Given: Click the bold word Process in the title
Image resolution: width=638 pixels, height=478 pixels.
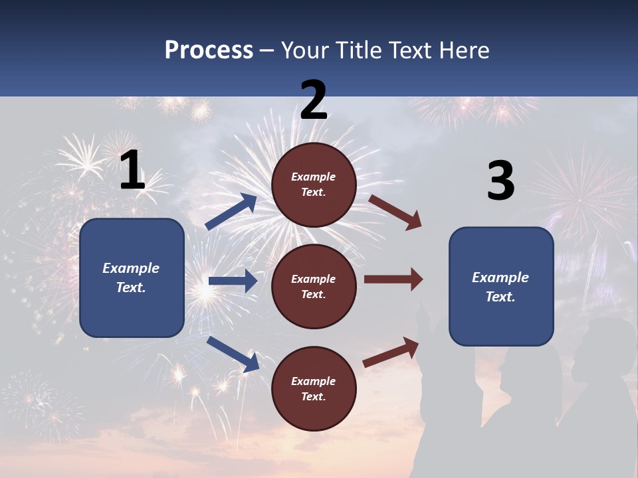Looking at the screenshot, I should (209, 50).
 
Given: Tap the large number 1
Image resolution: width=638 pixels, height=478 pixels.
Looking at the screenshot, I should (132, 171).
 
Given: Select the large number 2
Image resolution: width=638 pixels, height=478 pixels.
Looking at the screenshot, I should (314, 100).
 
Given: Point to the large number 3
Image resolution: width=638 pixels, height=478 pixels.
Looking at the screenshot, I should (500, 181).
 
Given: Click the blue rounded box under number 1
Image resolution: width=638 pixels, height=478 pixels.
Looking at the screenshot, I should (132, 278).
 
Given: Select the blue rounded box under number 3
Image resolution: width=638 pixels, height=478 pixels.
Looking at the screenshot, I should (501, 287).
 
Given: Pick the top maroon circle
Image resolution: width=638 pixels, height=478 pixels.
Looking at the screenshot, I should (314, 185).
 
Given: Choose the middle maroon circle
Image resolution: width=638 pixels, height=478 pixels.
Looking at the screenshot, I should (314, 287).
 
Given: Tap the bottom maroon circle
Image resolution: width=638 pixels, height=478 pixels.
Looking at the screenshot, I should (314, 389).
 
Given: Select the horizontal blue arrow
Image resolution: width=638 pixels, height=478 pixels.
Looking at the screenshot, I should (233, 281).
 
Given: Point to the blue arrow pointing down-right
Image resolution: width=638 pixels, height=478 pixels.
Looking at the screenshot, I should (233, 354).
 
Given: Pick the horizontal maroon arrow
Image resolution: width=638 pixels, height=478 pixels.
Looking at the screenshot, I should (393, 279).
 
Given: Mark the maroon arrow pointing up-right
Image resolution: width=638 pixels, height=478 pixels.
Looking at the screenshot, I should (391, 352).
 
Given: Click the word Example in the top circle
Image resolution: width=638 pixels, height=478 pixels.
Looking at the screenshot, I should (314, 177).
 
